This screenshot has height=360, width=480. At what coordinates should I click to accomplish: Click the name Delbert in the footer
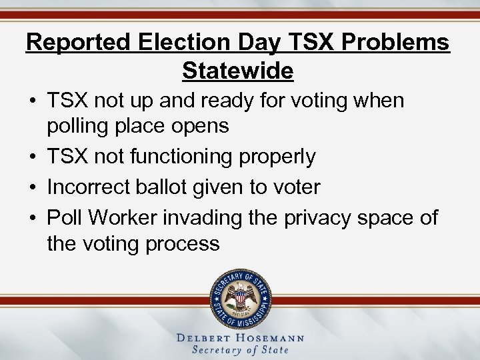[204, 338]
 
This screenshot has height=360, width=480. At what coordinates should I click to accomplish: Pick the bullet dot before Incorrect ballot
[32, 187]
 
